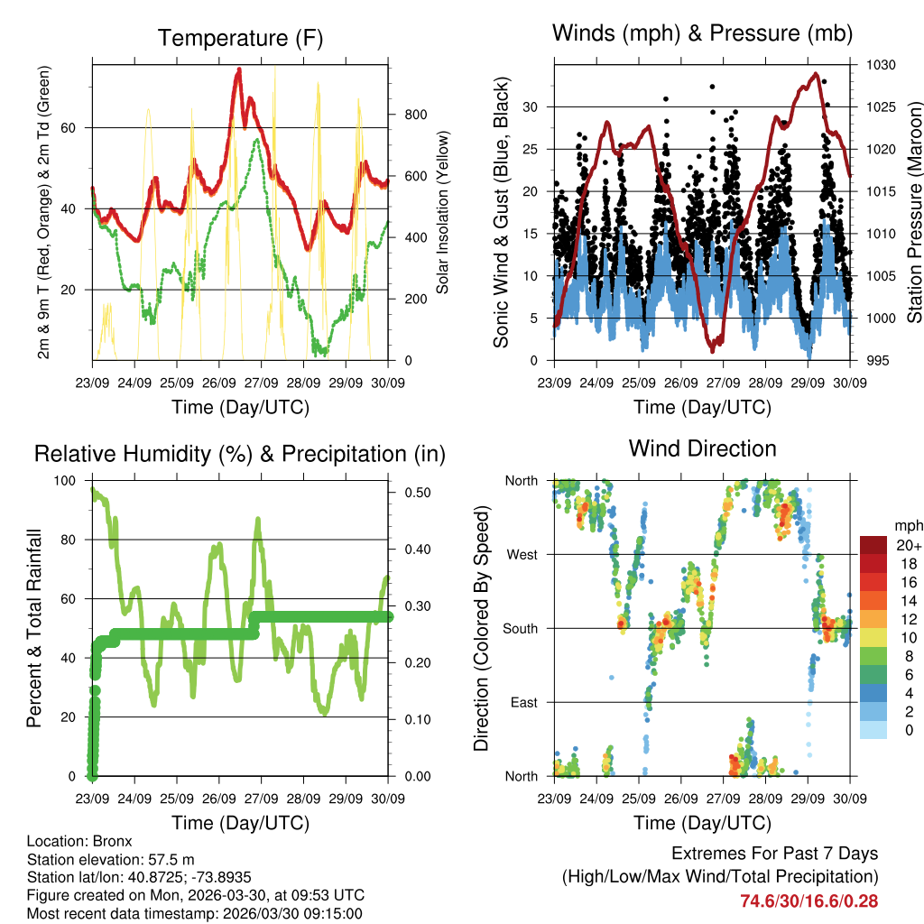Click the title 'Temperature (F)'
[240, 38]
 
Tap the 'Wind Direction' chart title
[702, 448]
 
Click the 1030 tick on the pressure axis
[880, 65]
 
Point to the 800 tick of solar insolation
[415, 115]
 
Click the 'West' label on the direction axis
[522, 554]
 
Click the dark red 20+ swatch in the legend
[873, 545]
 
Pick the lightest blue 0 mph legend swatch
[873, 731]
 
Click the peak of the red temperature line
[239, 69]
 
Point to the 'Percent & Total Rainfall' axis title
[34, 628]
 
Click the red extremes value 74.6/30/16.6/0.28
[808, 901]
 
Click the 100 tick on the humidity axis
[66, 480]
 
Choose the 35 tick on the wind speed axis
[536, 65]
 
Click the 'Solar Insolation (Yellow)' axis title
[443, 213]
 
